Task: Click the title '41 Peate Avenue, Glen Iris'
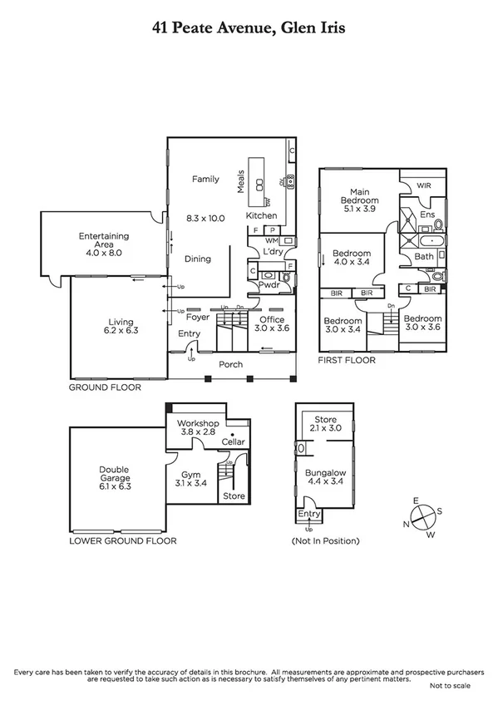249,28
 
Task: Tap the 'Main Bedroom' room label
358,196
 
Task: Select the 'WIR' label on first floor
424,185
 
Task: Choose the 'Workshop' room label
198,423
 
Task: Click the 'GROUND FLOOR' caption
105,387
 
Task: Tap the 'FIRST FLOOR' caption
347,361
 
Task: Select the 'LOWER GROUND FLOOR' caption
123,540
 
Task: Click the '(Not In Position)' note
325,541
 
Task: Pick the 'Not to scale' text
450,686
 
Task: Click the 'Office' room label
271,319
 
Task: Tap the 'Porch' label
231,365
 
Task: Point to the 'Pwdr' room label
269,285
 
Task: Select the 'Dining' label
197,259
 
